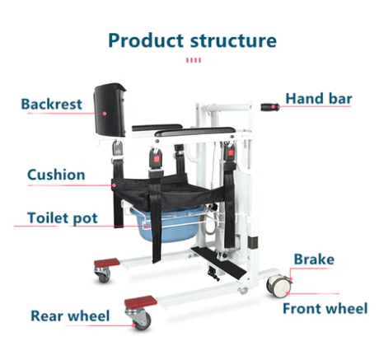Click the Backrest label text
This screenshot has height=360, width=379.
52,104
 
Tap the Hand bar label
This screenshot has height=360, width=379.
319,99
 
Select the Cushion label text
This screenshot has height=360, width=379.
56,175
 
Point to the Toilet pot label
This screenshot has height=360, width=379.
63,218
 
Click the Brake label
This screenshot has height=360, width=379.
314,259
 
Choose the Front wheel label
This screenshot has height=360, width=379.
325,308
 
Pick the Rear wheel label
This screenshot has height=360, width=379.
70,316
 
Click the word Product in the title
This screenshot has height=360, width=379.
146,40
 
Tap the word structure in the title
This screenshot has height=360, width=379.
233,40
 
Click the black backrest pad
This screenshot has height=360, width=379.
110,110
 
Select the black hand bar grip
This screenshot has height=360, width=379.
270,107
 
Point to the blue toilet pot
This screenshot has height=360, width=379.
167,225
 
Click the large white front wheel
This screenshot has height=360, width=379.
279,286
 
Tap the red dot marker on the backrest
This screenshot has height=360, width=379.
105,113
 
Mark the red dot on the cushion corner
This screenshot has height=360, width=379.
114,185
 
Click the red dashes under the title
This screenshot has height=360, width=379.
194,60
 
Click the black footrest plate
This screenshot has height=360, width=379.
219,263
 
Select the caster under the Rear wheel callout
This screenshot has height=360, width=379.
139,319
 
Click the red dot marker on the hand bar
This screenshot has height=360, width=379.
273,106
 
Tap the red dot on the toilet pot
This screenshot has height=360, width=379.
147,227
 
